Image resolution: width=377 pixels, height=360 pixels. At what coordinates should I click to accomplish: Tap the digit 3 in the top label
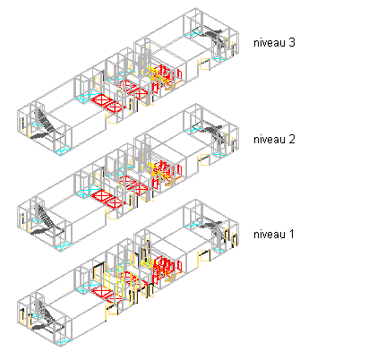(292, 42)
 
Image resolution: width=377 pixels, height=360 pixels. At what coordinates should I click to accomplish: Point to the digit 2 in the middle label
(292, 139)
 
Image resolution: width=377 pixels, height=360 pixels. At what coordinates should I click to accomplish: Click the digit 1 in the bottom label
(291, 234)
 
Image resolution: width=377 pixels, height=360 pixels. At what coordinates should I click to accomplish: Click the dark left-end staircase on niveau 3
(46, 125)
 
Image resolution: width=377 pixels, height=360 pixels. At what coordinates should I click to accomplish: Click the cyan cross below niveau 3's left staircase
(63, 150)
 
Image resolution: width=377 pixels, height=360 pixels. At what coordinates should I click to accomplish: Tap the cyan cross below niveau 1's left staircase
(63, 341)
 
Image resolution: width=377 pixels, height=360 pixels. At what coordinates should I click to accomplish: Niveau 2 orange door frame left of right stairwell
(205, 160)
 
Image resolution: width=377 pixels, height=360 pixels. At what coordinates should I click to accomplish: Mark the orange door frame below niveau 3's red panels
(112, 119)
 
